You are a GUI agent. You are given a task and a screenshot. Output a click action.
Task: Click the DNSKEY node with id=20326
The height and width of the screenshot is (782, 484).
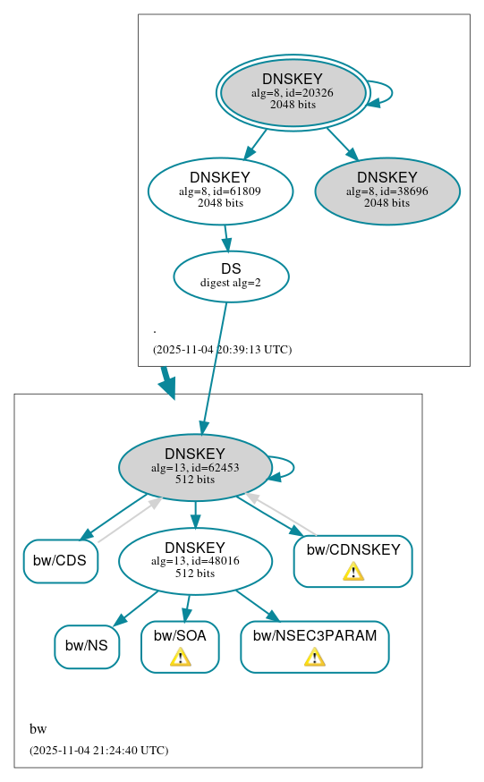[x=293, y=92]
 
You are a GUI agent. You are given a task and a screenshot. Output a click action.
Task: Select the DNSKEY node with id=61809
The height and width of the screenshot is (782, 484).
[x=220, y=191]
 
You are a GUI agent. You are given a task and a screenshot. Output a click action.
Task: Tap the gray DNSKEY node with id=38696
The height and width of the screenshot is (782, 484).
[x=386, y=191]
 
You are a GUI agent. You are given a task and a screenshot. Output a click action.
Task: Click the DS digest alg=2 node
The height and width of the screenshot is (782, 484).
[x=231, y=276]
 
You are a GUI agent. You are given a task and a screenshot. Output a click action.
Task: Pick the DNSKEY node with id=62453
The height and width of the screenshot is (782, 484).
[x=195, y=467]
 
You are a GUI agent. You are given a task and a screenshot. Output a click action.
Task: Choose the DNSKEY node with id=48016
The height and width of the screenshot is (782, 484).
[x=195, y=562]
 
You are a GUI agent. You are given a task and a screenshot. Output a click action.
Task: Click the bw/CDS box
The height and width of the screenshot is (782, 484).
[x=61, y=561]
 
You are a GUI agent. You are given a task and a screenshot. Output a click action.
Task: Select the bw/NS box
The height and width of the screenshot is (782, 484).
[x=87, y=646]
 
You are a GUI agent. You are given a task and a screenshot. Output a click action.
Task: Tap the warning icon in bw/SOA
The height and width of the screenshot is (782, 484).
[x=180, y=658]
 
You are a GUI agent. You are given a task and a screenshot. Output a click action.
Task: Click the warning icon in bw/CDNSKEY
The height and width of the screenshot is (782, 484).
[x=353, y=572]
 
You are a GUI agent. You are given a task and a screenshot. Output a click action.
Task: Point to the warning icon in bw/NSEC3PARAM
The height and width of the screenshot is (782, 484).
[x=314, y=658]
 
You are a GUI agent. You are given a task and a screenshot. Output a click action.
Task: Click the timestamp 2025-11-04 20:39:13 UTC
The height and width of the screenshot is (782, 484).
[x=222, y=350]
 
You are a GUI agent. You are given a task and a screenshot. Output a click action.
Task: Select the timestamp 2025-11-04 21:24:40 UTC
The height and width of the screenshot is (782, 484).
[x=98, y=750]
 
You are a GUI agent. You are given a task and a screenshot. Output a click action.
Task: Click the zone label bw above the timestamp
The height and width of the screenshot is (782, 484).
[x=38, y=728]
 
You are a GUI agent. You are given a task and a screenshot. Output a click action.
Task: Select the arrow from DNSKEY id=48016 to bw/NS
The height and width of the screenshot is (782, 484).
[x=136, y=608]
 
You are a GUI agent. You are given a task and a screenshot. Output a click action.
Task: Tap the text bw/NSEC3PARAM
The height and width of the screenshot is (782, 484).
[x=314, y=636]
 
